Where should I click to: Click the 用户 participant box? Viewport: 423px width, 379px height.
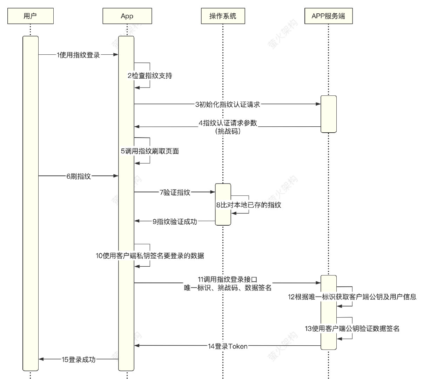(x=30, y=16)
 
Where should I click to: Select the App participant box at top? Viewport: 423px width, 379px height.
(x=127, y=16)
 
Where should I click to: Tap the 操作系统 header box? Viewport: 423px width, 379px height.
(x=223, y=16)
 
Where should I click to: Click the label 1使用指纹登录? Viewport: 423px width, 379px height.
(x=79, y=55)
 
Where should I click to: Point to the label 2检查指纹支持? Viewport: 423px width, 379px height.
(x=150, y=76)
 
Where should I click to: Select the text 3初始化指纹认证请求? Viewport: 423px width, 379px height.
(x=228, y=105)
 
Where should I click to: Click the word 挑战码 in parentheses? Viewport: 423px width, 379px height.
(x=228, y=132)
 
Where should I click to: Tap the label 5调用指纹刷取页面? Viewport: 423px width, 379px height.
(x=150, y=151)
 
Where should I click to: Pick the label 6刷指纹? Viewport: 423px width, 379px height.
(x=79, y=177)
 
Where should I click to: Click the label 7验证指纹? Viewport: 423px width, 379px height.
(x=175, y=192)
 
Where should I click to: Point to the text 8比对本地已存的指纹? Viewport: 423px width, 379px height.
(x=249, y=205)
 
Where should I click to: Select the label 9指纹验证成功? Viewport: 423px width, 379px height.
(x=175, y=222)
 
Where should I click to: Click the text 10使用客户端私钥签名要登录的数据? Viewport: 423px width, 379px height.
(x=150, y=256)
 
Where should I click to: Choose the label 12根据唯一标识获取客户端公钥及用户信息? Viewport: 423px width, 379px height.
(x=352, y=297)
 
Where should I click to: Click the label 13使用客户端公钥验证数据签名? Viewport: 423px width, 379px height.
(x=352, y=329)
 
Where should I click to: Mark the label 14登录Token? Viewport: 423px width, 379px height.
(x=228, y=346)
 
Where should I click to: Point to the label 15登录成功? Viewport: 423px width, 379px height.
(x=79, y=360)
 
